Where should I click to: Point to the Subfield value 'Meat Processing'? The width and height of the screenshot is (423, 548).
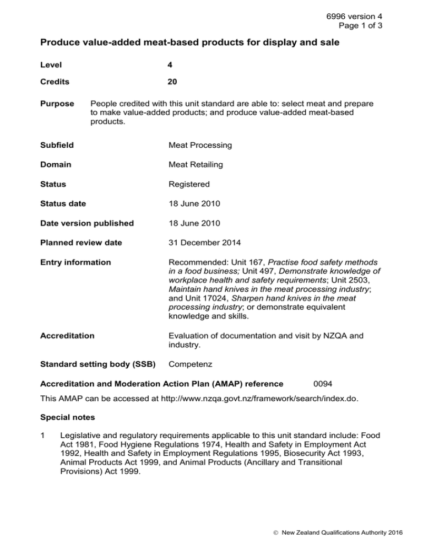pyautogui.click(x=201, y=146)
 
